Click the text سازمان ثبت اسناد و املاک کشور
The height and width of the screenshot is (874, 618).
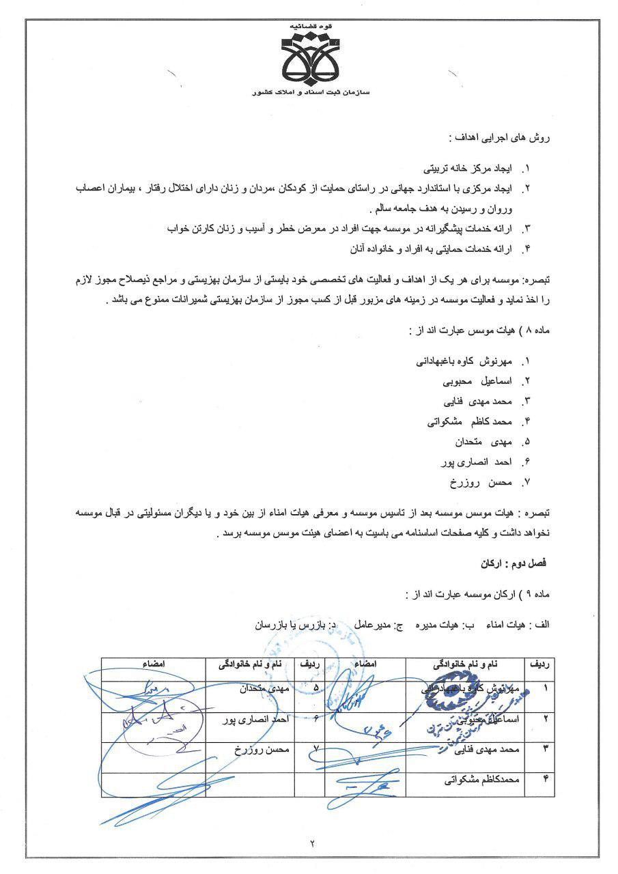tap(311, 91)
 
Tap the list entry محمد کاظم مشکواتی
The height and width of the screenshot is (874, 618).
tap(469, 421)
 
